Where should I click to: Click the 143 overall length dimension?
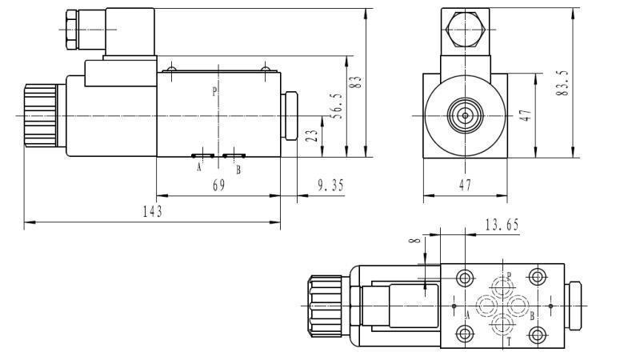pos(153,211)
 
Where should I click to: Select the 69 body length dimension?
pos(218,185)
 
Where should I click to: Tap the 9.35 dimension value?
pos(330,185)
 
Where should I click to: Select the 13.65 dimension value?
pos(502,225)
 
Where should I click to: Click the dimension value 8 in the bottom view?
pos(414,240)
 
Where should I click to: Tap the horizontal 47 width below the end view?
pos(466,185)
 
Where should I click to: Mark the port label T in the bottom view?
pos(508,342)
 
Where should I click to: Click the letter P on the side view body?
pos(214,91)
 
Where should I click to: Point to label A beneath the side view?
pos(199,168)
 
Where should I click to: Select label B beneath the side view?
pos(238,169)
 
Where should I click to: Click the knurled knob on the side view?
pos(40,115)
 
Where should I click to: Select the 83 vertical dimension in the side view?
pos(358,82)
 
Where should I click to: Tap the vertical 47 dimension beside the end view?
pos(525,115)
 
